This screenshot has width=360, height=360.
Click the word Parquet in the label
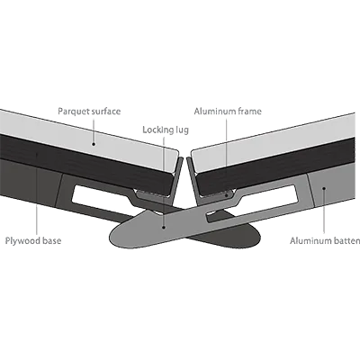tap(73, 112)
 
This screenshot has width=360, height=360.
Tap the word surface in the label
tap(105, 112)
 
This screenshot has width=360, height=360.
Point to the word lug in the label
tap(182, 130)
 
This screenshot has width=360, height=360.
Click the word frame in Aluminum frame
tap(249, 112)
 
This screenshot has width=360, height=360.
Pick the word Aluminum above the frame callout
tap(214, 112)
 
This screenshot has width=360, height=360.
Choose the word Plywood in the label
tap(23, 241)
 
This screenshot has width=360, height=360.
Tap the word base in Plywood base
tap(52, 240)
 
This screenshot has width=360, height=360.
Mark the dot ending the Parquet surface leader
tap(94, 144)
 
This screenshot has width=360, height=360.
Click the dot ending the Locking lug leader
tap(164, 227)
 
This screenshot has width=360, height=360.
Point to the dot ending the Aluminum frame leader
tap(227, 195)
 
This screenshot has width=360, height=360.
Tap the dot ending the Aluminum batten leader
tap(324, 188)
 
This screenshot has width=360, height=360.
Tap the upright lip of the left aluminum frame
tap(178, 177)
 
